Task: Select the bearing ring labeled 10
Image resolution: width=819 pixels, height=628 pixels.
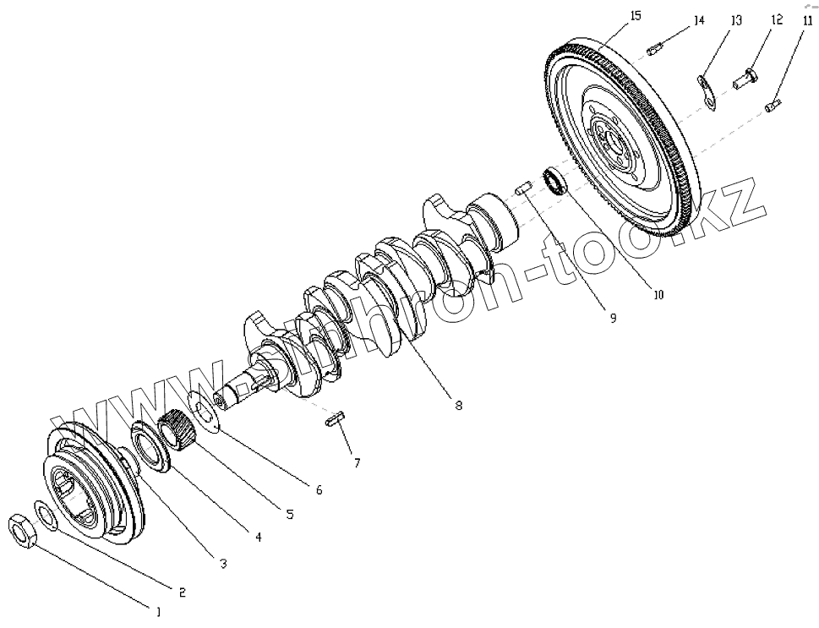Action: pyautogui.click(x=555, y=180)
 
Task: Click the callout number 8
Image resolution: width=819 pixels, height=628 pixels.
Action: pyautogui.click(x=458, y=406)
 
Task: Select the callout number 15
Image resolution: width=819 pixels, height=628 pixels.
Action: pyautogui.click(x=636, y=15)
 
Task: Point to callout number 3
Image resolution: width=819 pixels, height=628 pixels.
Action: pyautogui.click(x=223, y=564)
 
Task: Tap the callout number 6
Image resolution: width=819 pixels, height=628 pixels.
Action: pyautogui.click(x=319, y=489)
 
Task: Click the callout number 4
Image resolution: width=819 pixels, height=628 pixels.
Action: pyautogui.click(x=258, y=537)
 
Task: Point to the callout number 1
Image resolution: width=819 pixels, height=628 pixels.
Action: pyautogui.click(x=156, y=609)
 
